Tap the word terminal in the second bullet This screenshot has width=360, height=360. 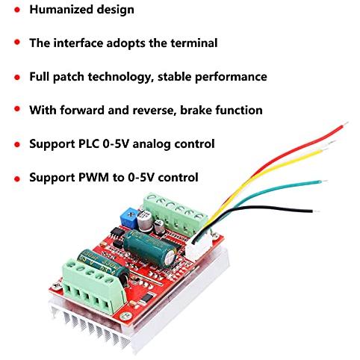[194, 43]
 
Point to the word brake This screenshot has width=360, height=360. [196, 110]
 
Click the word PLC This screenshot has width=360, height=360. [89, 144]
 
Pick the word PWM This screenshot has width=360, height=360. [93, 178]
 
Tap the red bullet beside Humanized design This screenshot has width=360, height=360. [17, 10]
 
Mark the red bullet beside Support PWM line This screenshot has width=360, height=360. [17, 179]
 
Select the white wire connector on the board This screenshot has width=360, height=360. [198, 246]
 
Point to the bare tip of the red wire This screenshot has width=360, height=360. [345, 124]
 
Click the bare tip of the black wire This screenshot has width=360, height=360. [316, 211]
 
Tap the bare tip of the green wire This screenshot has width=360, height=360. [324, 181]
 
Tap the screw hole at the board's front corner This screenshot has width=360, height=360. [125, 317]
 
